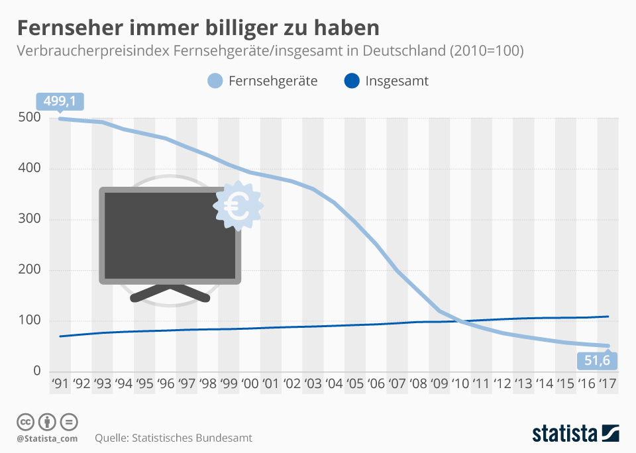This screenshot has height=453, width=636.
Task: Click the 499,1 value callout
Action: pos(59,101)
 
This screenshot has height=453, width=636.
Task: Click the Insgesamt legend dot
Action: pos(352,81)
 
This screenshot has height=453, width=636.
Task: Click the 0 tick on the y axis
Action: pos(37,371)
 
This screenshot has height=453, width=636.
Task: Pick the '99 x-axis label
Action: pos(229,384)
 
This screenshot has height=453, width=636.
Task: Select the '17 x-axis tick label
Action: pos(608,384)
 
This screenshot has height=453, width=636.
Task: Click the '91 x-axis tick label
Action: pos(60,384)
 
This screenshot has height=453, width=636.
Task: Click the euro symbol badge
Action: pos(237,206)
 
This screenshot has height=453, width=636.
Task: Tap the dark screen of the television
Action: pos(170,235)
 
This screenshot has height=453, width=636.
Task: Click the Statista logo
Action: pos(575,434)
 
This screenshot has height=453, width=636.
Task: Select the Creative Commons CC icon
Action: pos(26,422)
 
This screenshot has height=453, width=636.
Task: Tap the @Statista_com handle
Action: pos(48,438)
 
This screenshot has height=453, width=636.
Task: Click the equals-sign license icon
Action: pos(70,422)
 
